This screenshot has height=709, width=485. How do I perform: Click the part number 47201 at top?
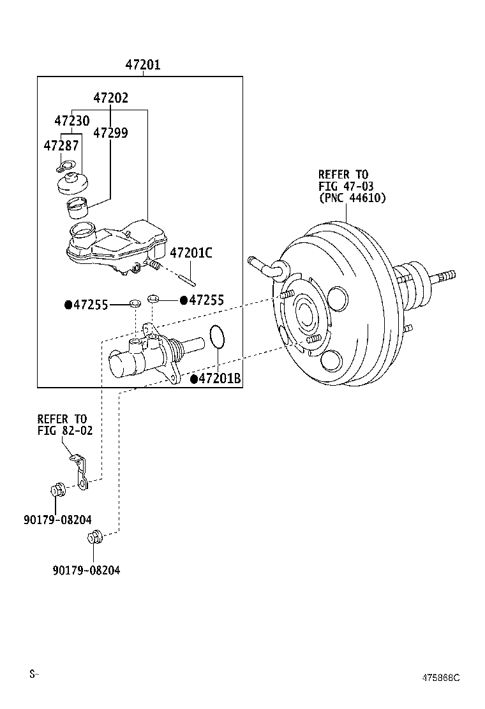click(x=142, y=65)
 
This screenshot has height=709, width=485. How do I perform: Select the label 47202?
click(x=110, y=98)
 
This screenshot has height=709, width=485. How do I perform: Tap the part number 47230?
click(x=71, y=121)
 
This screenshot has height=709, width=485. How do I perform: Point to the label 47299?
click(x=110, y=133)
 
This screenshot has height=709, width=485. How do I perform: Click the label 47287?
click(x=61, y=145)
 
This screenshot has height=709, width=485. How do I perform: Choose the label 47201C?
click(x=191, y=253)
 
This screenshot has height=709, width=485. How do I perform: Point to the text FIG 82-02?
click(x=64, y=431)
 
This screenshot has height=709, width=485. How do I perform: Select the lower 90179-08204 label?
click(x=87, y=570)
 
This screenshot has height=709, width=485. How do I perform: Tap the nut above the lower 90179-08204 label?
click(x=95, y=537)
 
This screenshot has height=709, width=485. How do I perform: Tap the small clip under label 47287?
click(x=63, y=167)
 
